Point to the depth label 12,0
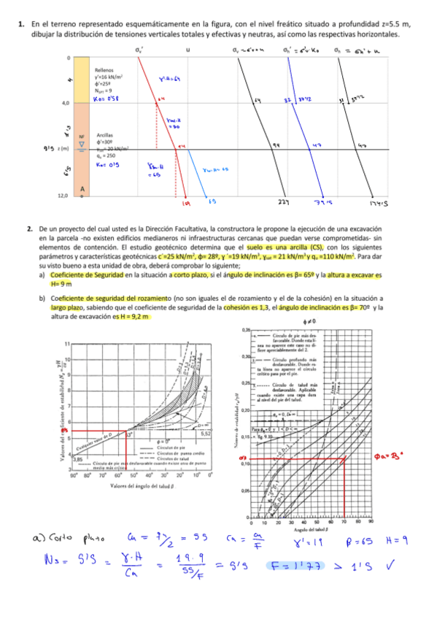pyautogui.click(x=64, y=196)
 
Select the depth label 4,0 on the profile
pyautogui.click(x=65, y=104)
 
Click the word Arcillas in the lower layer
pyautogui.click(x=104, y=135)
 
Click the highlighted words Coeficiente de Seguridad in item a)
pyautogui.click(x=84, y=275)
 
